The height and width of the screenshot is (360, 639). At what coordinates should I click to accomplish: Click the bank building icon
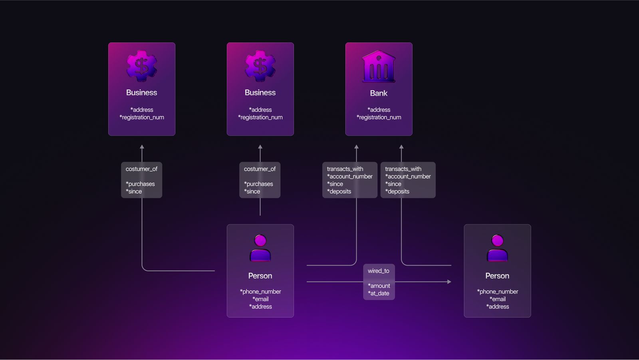(379, 66)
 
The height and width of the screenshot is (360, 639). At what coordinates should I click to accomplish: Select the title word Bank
(379, 93)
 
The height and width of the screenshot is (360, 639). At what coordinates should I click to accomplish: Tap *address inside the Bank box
(379, 109)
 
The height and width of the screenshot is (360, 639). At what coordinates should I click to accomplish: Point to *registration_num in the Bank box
(379, 117)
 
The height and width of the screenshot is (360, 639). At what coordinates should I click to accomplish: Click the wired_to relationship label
(378, 271)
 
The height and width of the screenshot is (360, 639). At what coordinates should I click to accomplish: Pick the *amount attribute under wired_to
(379, 286)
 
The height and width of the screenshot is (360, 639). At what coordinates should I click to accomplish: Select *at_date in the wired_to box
(378, 293)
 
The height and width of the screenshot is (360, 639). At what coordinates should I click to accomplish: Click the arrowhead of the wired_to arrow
(449, 282)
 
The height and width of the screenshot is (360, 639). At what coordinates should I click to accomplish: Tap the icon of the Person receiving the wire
(497, 248)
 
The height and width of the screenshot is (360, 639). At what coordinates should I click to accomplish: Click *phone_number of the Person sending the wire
(260, 292)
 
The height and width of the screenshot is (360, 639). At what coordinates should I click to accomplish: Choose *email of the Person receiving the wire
(497, 299)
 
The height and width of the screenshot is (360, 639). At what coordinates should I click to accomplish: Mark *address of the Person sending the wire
(260, 306)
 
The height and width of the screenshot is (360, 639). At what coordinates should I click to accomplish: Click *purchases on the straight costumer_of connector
(258, 184)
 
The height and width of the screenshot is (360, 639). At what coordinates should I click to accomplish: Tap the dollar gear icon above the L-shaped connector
(141, 66)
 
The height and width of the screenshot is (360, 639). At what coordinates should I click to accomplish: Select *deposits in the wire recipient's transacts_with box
(397, 191)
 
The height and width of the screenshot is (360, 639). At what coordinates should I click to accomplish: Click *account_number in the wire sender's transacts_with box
(349, 176)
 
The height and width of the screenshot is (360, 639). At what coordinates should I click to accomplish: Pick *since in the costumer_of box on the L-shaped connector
(134, 191)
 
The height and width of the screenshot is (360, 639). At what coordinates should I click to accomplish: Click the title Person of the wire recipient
(497, 276)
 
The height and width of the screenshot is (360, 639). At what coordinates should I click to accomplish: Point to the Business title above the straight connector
(260, 92)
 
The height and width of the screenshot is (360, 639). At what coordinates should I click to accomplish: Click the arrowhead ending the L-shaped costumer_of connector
(142, 147)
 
